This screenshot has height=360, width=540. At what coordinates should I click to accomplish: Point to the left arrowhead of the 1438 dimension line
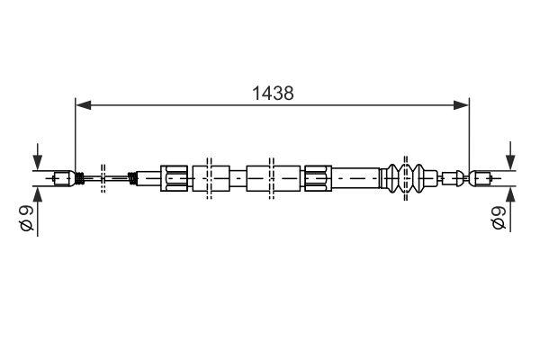[x=81, y=105]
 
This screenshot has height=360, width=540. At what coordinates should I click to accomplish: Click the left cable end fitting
[x=63, y=177]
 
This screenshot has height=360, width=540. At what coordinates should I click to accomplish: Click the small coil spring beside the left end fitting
[x=79, y=177]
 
